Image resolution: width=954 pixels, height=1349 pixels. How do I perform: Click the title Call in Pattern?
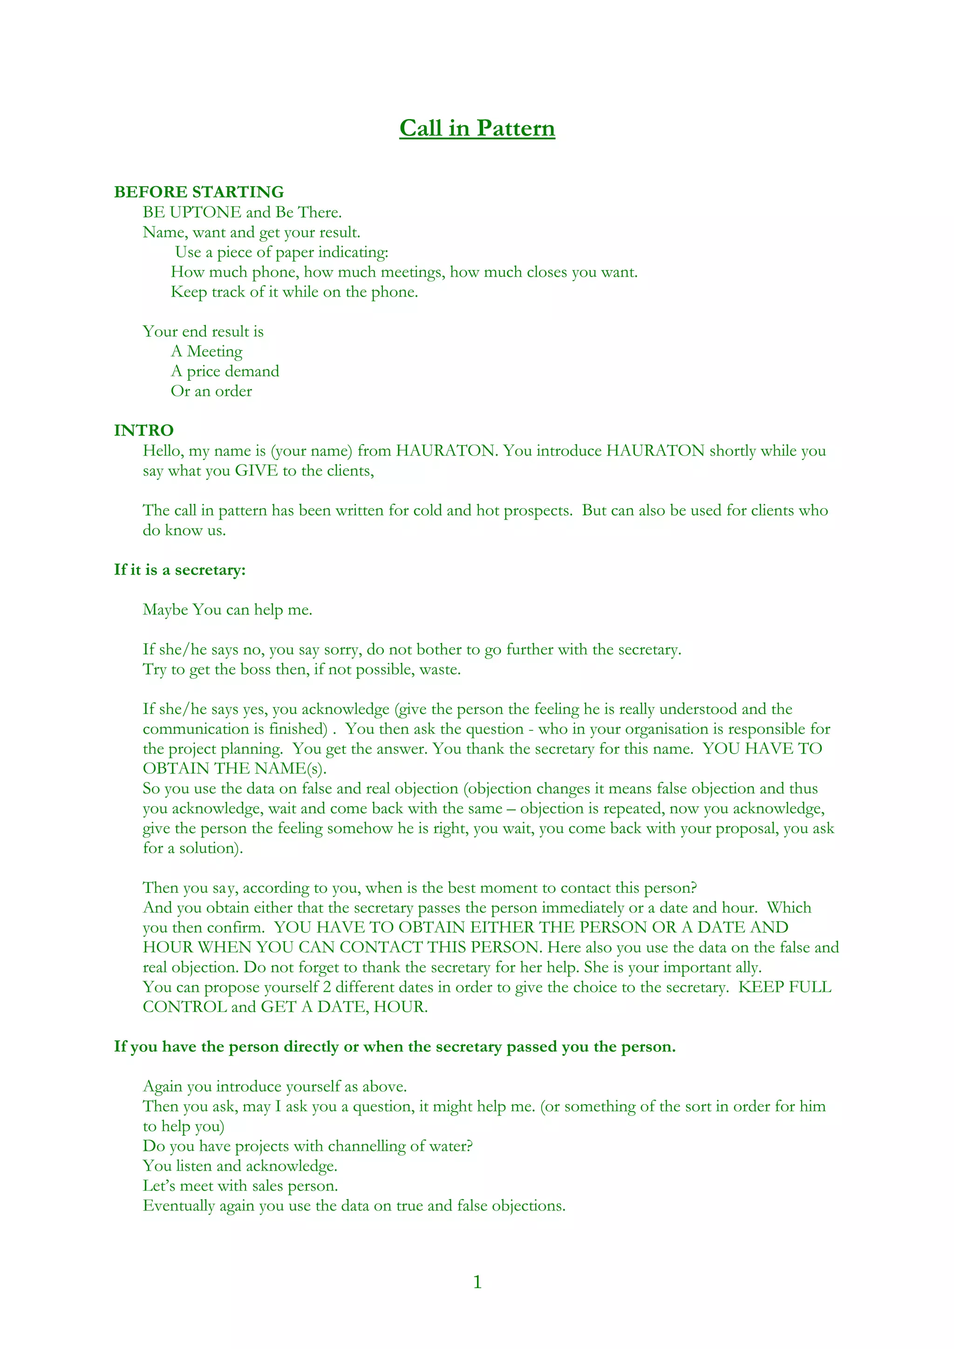(477, 128)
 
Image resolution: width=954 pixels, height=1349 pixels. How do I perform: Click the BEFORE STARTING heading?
(199, 192)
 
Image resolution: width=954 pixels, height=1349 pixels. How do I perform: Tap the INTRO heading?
(143, 431)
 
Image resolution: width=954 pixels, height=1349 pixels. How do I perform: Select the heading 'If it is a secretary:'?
(180, 570)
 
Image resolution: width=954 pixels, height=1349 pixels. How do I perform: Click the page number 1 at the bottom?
(477, 1282)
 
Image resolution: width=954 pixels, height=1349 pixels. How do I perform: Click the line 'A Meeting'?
(206, 351)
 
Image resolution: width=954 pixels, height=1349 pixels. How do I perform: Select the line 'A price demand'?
(225, 371)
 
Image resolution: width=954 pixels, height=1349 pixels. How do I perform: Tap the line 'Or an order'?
(211, 391)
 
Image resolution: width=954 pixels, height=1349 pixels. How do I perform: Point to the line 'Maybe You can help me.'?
(227, 610)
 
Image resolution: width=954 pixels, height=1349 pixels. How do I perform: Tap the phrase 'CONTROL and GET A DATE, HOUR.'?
(285, 1007)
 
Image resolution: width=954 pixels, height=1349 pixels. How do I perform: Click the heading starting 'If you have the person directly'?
(395, 1047)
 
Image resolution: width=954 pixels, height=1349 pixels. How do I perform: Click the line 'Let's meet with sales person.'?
(240, 1186)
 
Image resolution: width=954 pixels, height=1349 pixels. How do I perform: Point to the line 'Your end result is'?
(203, 331)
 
